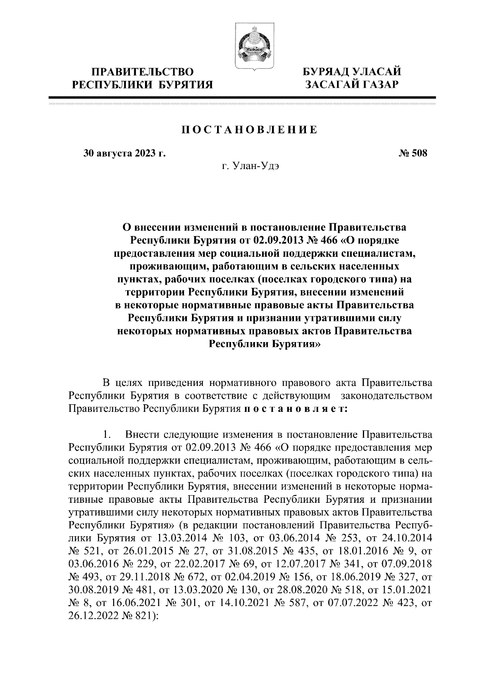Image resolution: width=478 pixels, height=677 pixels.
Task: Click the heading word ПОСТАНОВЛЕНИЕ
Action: [250, 130]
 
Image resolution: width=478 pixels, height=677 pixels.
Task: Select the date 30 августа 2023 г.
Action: [124, 154]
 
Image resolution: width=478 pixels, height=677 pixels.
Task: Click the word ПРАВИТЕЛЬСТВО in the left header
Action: [143, 72]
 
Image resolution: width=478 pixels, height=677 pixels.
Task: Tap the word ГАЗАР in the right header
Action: [377, 85]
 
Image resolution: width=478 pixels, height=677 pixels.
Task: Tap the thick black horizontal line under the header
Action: [242, 97]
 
